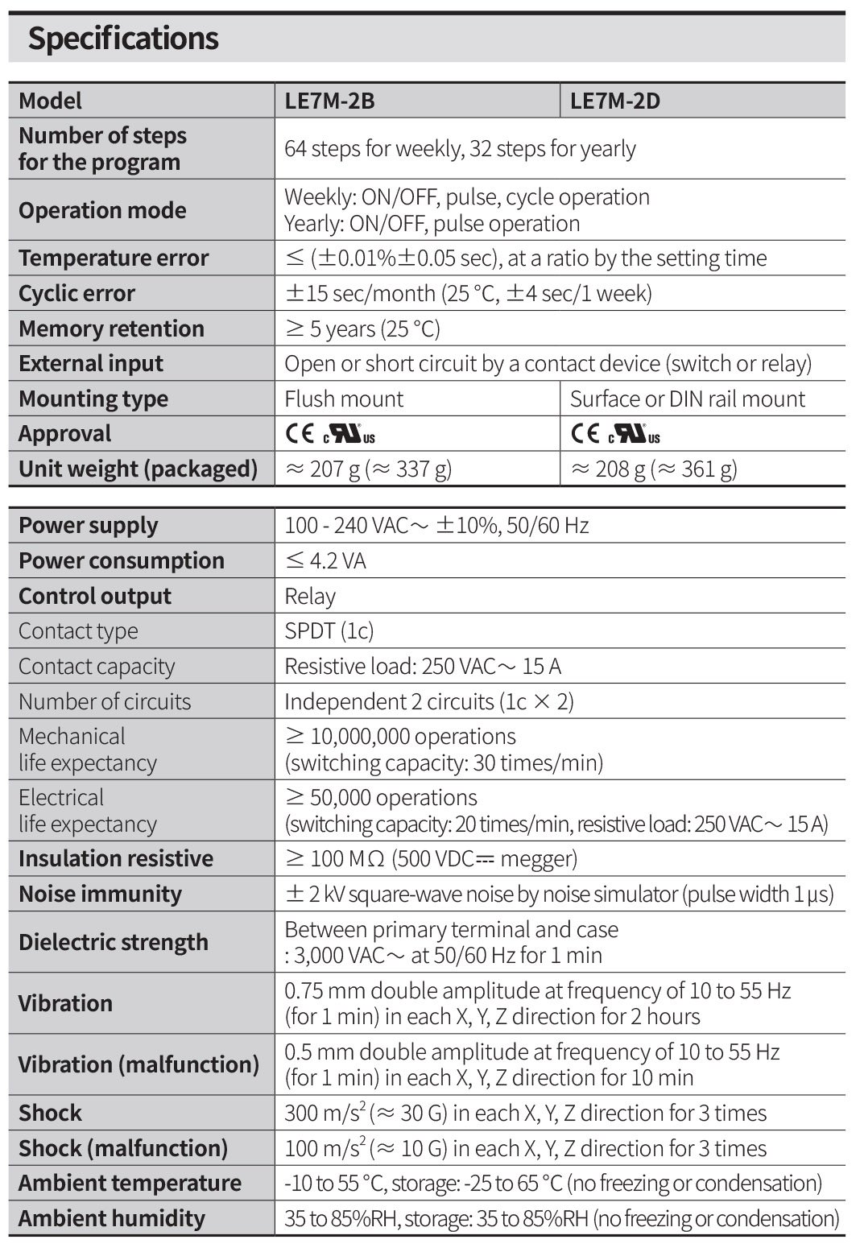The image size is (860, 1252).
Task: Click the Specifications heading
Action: (x=123, y=39)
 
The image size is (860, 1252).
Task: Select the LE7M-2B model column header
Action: (x=329, y=101)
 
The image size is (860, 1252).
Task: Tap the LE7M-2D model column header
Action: (x=615, y=101)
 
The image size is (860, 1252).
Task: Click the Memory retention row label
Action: (x=111, y=328)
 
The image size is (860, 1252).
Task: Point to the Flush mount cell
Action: (x=344, y=399)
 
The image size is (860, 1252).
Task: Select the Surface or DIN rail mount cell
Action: (x=687, y=399)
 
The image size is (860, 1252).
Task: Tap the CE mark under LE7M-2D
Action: (x=585, y=434)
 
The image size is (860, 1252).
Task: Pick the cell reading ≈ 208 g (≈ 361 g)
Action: (x=653, y=469)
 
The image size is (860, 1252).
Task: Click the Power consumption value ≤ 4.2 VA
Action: (x=325, y=560)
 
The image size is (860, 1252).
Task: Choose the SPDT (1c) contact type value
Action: (x=329, y=630)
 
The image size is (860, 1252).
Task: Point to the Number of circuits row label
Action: (x=105, y=701)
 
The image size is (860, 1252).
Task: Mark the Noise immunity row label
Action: (x=100, y=894)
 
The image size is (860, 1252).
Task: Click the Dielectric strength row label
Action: (x=113, y=942)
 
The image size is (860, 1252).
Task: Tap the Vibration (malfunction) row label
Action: (x=139, y=1064)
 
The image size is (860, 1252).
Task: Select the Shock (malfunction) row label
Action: (x=123, y=1148)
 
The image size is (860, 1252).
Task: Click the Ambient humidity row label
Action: (x=111, y=1218)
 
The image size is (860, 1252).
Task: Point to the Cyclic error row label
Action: (x=76, y=293)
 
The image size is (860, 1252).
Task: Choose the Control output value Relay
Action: (x=310, y=596)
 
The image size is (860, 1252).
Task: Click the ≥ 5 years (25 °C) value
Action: (x=362, y=328)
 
